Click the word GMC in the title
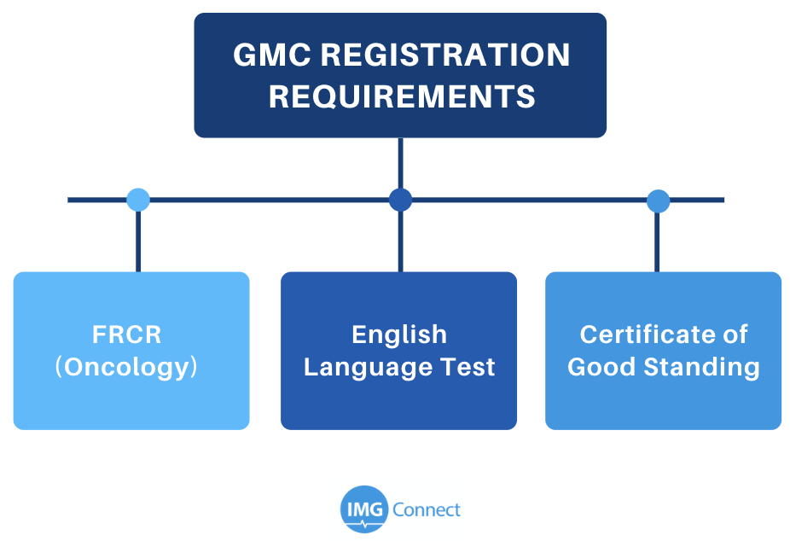[272, 55]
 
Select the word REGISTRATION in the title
[445, 55]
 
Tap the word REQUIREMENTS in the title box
[402, 96]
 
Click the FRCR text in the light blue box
[126, 334]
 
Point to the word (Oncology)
[126, 367]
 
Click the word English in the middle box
[399, 335]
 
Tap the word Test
[468, 367]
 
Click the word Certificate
[646, 334]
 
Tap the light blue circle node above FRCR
[138, 200]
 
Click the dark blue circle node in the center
[400, 200]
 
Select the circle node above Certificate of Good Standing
[658, 201]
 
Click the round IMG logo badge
[364, 509]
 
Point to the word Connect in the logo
[427, 509]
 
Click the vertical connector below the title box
[400, 163]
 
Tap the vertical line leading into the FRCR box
[138, 241]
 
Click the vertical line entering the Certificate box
[657, 242]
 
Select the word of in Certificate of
[734, 334]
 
